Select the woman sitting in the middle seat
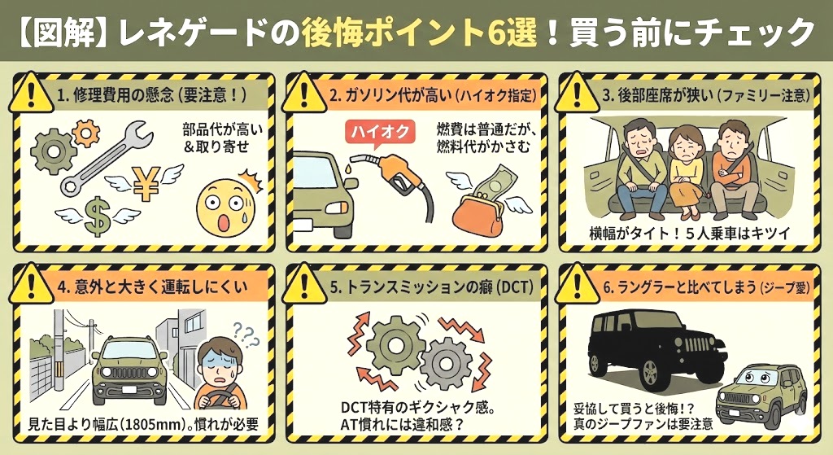pyautogui.click(x=684, y=167)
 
